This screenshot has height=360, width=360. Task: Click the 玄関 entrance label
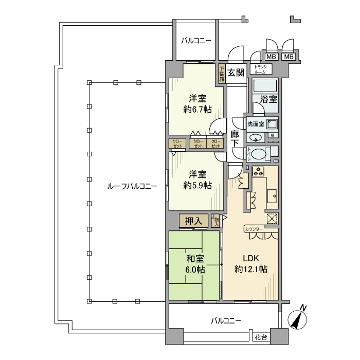click(x=236, y=73)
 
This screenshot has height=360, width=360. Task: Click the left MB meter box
click(x=271, y=57)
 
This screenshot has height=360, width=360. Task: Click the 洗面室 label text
click(x=255, y=124)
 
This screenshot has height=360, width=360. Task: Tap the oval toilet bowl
click(x=261, y=153)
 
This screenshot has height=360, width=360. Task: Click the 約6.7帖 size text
click(x=197, y=109)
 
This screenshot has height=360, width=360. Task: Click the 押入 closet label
click(x=193, y=221)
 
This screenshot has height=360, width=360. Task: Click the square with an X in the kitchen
click(x=272, y=218)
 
